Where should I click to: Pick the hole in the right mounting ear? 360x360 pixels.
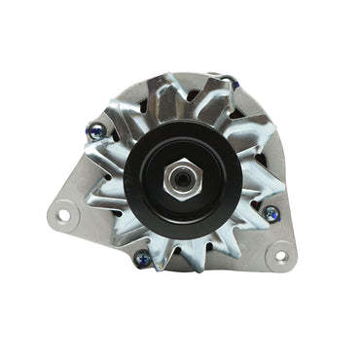[282, 258]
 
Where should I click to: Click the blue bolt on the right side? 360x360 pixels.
[271, 213]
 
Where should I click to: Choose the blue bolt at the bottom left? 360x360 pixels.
[143, 257]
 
